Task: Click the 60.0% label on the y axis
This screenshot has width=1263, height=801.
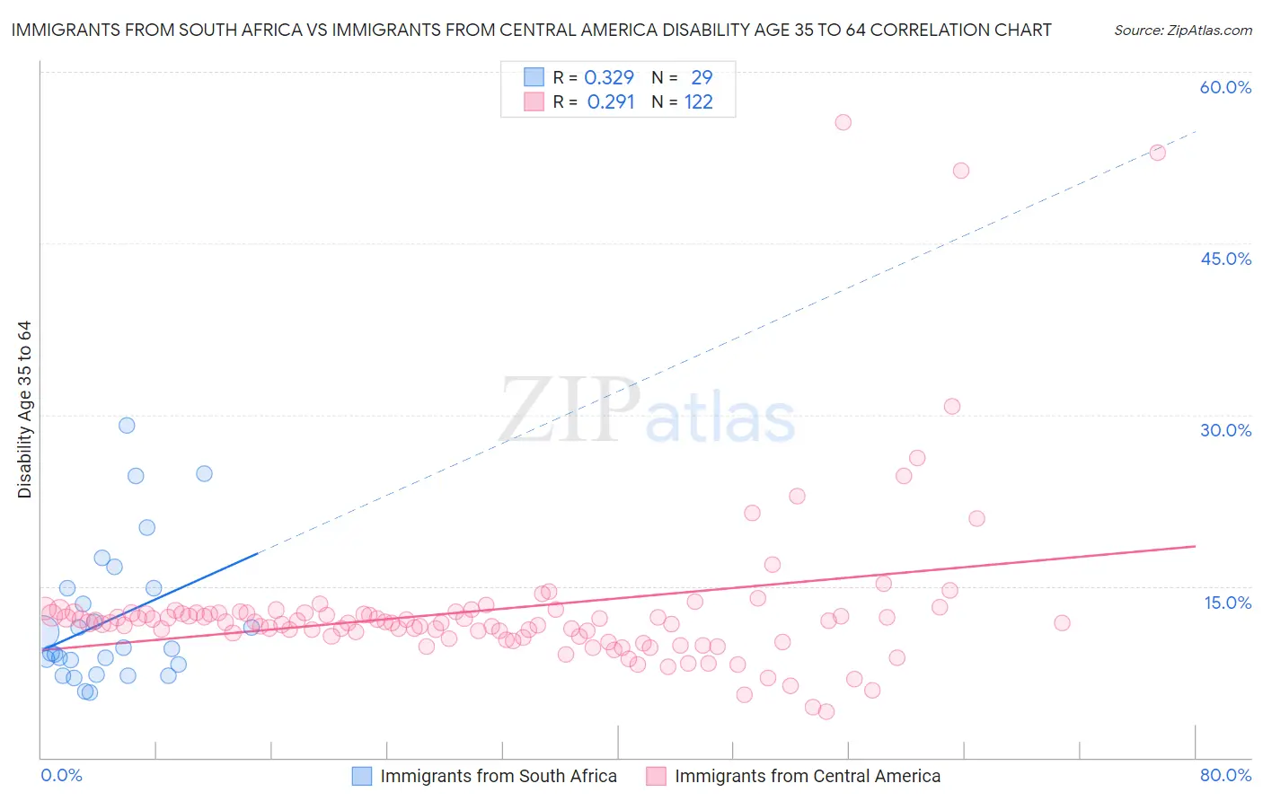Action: tap(1225, 87)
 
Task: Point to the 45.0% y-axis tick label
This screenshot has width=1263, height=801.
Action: tap(1225, 259)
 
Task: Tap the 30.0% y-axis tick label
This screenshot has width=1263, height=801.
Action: tap(1225, 430)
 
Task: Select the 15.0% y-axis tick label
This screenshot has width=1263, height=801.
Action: tap(1227, 603)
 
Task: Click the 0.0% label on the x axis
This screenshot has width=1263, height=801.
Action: tap(61, 775)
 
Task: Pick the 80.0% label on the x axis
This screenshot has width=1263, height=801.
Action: tap(1225, 775)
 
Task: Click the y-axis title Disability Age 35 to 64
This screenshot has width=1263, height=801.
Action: tap(24, 409)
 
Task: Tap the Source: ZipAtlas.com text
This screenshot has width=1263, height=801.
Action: tap(1182, 30)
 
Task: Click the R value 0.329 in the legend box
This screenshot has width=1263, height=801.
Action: tap(609, 78)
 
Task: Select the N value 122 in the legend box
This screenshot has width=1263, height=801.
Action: tap(698, 102)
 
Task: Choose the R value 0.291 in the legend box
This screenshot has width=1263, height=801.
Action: tap(611, 102)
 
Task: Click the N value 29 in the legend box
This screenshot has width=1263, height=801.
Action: tap(702, 78)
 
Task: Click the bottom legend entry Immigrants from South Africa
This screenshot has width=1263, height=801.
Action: tap(498, 776)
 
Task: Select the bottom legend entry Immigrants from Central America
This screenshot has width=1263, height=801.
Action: tap(807, 776)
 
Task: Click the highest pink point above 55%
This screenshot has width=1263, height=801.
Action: tap(843, 122)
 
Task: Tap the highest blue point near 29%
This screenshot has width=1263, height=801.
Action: tap(127, 426)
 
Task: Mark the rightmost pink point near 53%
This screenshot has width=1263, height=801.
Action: tap(1158, 153)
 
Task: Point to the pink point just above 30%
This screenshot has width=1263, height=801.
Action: tap(952, 407)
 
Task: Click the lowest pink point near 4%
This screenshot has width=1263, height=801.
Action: tap(826, 712)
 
